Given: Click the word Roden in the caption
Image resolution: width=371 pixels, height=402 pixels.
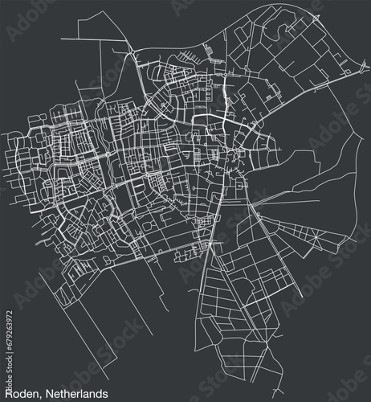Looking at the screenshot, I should (20, 392).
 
